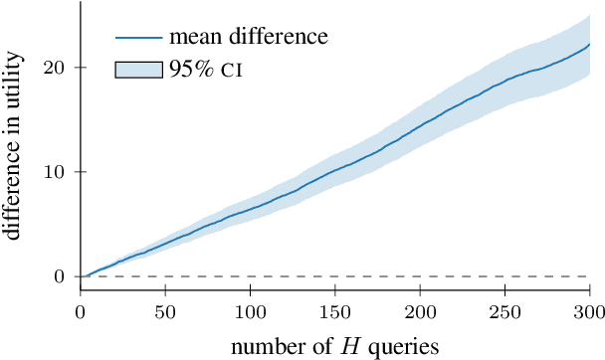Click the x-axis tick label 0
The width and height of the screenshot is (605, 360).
tap(81, 311)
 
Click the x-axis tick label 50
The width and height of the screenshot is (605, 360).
tap(165, 311)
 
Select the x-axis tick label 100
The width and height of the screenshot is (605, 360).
tap(250, 311)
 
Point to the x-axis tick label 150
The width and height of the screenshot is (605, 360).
tap(335, 311)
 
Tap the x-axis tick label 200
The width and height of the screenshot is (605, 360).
tap(420, 311)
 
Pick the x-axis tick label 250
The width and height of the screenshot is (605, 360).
tap(505, 311)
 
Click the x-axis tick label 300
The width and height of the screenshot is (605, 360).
tap(590, 311)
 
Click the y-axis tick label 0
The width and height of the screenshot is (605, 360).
tap(61, 275)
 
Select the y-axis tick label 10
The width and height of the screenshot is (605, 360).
tap(56, 171)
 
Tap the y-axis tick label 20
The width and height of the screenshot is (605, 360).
tap(56, 68)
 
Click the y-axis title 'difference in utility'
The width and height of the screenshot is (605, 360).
tap(18, 159)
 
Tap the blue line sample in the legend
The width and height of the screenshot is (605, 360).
tap(138, 39)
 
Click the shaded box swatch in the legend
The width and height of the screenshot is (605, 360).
tap(138, 70)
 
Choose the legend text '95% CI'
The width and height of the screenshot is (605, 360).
tap(204, 70)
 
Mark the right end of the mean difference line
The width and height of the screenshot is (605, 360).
tap(590, 45)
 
